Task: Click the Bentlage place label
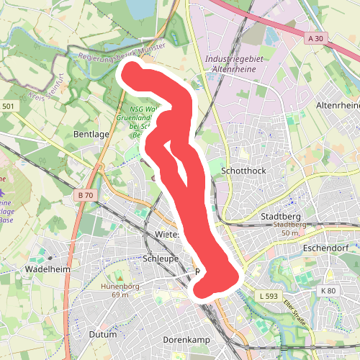click(x=90, y=134)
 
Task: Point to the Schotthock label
click(x=245, y=171)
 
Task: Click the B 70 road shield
click(x=85, y=195)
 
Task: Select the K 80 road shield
click(x=328, y=290)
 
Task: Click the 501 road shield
click(x=7, y=107)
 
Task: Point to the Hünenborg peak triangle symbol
click(x=120, y=277)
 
